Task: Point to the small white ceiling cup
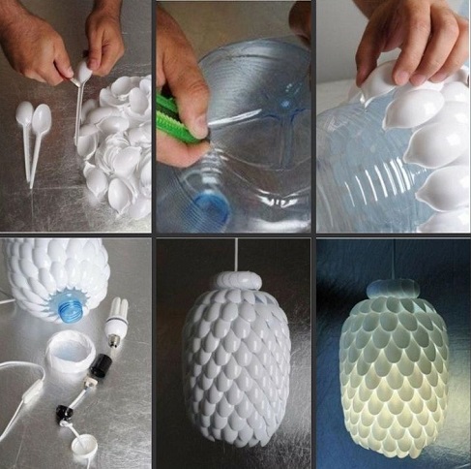tap(86, 447)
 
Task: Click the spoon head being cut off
tap(85, 72)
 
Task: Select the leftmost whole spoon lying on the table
tap(23, 116)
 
